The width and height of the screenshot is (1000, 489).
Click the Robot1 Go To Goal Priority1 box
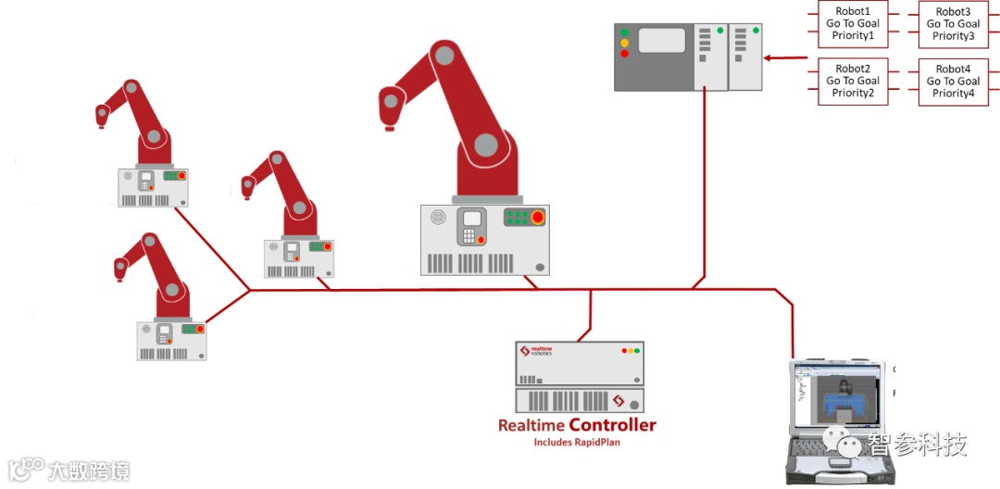click(853, 24)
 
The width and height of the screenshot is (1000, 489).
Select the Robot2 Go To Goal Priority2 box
click(853, 81)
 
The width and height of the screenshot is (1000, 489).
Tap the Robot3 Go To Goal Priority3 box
click(953, 24)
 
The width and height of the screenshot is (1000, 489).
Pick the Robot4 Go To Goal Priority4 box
click(953, 81)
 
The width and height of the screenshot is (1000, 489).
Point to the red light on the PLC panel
click(625, 54)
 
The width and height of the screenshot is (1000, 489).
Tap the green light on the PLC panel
click(625, 31)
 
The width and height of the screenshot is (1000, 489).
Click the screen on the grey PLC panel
click(661, 40)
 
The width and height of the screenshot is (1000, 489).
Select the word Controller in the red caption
click(612, 426)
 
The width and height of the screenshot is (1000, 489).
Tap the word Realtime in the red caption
click(531, 426)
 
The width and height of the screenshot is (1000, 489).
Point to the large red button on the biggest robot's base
click(537, 219)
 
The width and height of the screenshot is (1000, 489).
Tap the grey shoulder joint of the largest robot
click(486, 144)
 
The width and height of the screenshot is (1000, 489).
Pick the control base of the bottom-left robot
click(171, 340)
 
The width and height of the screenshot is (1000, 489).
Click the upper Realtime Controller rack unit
click(580, 363)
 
